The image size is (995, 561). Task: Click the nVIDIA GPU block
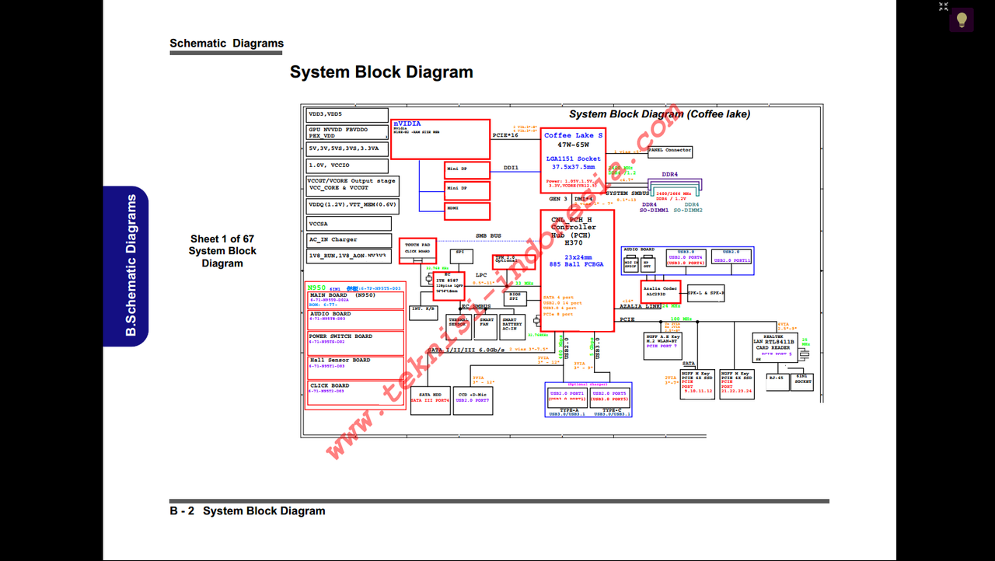440,139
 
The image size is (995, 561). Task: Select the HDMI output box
467,211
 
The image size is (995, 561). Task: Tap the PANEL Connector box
670,151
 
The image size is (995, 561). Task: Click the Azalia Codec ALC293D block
661,291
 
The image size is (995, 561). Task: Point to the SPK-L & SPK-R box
706,293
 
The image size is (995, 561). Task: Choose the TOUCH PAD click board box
417,249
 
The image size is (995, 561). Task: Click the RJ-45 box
776,381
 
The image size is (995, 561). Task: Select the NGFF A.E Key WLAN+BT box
663,342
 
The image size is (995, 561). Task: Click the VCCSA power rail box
347,224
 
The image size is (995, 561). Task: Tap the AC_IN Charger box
347,240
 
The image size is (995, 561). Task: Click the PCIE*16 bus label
505,135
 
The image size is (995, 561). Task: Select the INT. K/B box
424,309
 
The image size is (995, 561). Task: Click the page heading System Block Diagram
381,72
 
